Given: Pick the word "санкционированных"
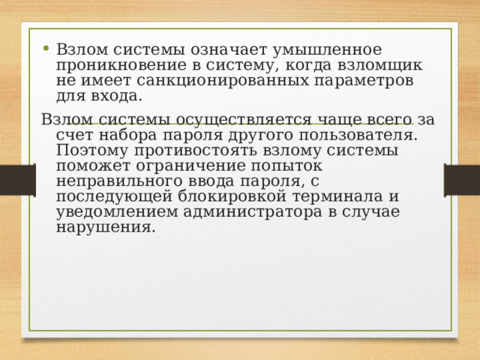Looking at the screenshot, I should click(195, 81).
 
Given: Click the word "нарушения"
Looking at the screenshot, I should click(106, 227).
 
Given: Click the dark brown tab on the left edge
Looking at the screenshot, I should click(17, 180).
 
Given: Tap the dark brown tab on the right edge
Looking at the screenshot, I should click(462, 180).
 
